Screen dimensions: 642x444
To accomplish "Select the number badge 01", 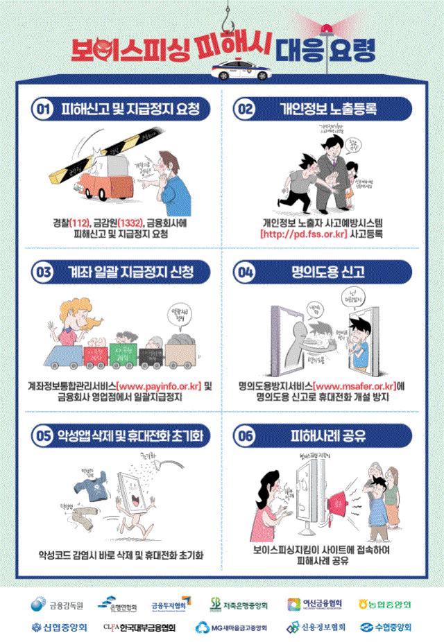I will [x=43, y=110].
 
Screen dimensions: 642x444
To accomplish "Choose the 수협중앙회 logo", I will [x=384, y=627].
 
